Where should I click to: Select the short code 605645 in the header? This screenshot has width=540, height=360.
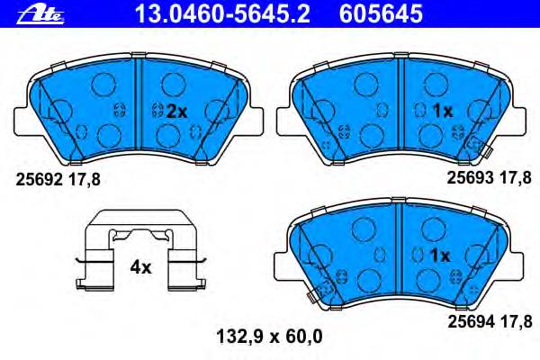[x=390, y=13]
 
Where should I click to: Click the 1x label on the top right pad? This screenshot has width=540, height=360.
[x=437, y=111]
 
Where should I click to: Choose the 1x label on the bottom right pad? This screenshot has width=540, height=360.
[x=439, y=255]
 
